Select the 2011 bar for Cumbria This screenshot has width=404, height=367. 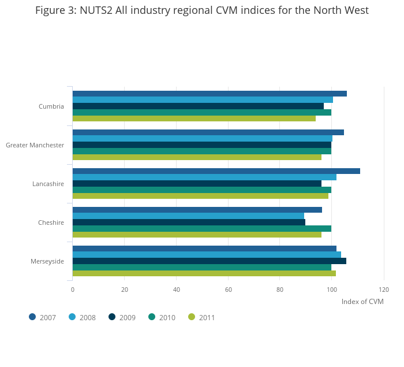pos(194,118)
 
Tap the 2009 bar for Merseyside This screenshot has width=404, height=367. pos(209,261)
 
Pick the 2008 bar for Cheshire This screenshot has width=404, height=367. pos(188,216)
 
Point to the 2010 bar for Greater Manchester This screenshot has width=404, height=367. pos(201,151)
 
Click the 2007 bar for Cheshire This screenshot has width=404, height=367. pos(197,210)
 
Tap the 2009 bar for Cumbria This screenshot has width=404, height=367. pos(198,106)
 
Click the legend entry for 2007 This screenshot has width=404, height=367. pos(43,317)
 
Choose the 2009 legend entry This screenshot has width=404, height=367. pos(122,317)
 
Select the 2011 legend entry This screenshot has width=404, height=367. pos(202,317)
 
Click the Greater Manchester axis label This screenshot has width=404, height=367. pos(35,145)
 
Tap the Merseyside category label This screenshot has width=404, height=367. pos(47,261)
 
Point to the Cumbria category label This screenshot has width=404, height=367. pos(51,106)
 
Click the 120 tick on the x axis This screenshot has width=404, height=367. pos(384,290)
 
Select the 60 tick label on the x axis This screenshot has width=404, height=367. pos(228,290)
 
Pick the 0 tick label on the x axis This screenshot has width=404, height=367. pos(73,290)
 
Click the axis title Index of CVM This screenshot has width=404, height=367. pos(362,302)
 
